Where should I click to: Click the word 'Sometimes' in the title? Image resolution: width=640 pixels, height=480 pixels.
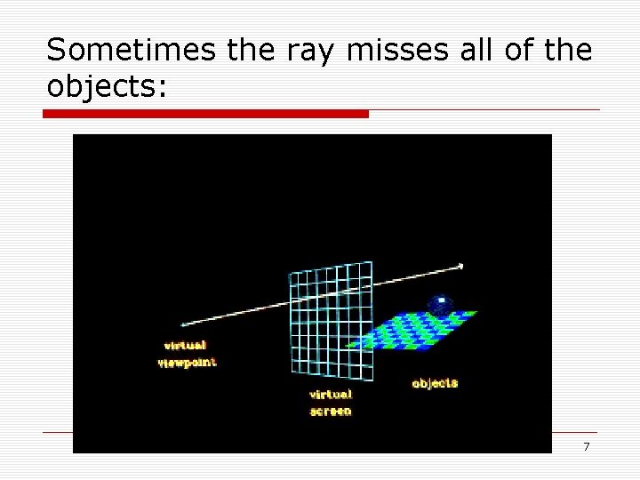point(132,51)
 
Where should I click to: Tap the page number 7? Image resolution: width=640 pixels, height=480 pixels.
point(586,446)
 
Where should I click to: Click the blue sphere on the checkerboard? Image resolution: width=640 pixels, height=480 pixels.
point(439,305)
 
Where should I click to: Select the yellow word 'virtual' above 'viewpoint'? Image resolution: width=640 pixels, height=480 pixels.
point(185,345)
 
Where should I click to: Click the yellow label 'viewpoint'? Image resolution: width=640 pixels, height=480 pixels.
point(188,362)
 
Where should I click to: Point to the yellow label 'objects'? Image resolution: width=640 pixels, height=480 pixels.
point(435,383)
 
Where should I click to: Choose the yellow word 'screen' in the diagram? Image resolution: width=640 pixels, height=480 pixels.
point(331,412)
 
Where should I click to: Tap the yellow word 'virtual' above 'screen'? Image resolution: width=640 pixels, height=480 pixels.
point(331,394)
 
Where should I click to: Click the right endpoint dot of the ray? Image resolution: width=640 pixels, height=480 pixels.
point(460,266)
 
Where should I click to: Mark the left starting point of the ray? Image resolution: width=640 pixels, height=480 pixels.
point(183,325)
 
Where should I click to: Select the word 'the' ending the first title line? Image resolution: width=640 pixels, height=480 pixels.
point(568,51)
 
